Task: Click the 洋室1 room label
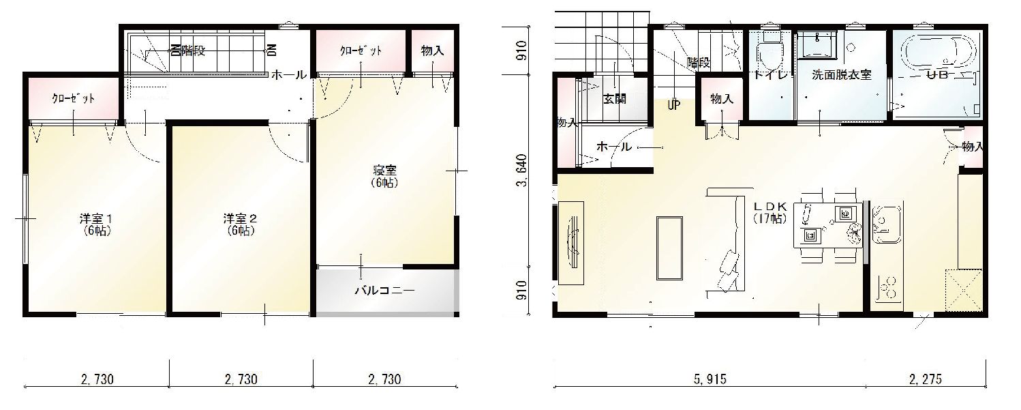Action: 95,224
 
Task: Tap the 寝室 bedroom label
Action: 385,176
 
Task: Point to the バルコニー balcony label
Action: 384,291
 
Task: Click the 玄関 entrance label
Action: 614,99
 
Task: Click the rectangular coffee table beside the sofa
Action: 669,247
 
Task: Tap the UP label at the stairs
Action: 673,106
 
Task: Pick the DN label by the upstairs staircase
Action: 271,50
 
